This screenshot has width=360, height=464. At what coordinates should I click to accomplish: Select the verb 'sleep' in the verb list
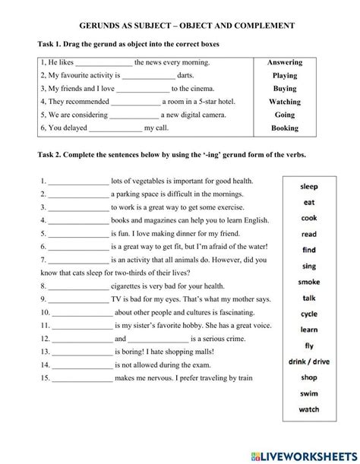(309, 185)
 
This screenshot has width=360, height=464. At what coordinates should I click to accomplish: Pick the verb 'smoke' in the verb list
(309, 282)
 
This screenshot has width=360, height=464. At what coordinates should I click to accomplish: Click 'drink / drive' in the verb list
(309, 362)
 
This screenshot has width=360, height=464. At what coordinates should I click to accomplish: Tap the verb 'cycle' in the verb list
(309, 314)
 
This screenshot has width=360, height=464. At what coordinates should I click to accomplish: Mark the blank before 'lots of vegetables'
(79, 181)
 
